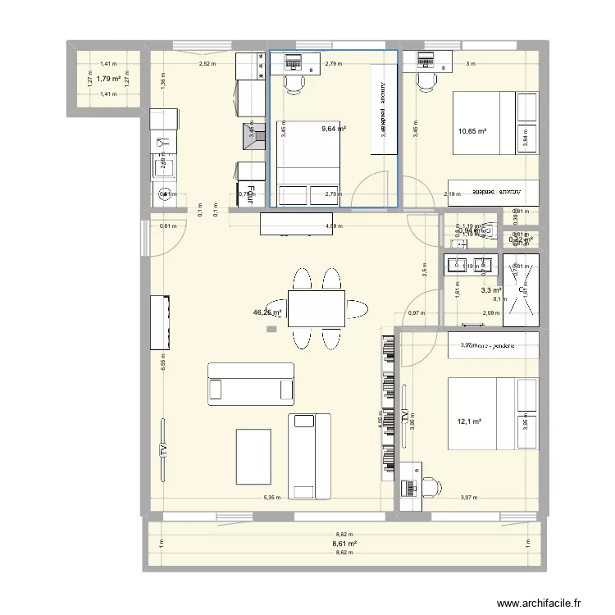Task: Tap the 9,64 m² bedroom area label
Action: tap(334, 129)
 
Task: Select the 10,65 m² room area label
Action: tap(472, 130)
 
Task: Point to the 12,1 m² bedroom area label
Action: tap(468, 422)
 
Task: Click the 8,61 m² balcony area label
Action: tap(344, 544)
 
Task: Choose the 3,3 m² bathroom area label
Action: tap(491, 289)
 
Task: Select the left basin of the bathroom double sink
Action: tap(458, 263)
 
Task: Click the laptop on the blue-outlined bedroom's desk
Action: tap(293, 59)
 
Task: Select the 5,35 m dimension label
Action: tap(272, 498)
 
